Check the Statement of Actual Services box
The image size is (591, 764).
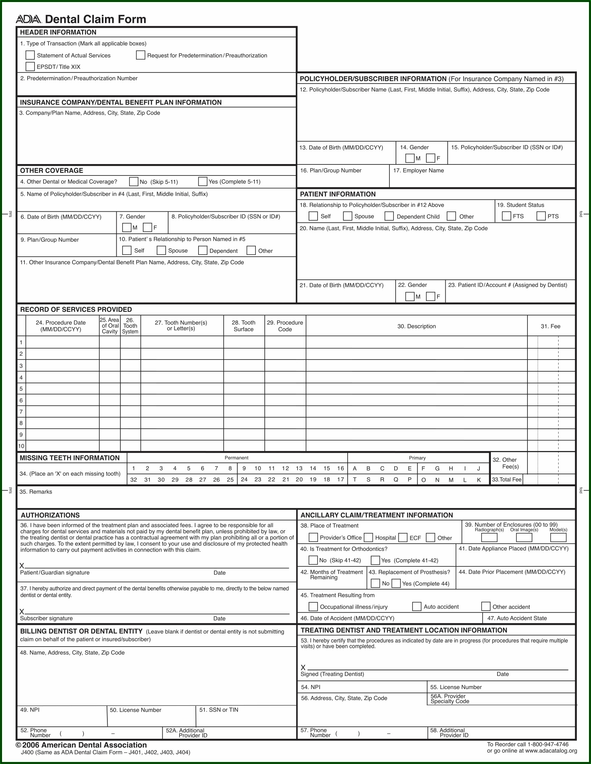[x=30, y=55]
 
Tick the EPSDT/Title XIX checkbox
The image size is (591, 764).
[x=30, y=66]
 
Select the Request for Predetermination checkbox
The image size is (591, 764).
[x=141, y=55]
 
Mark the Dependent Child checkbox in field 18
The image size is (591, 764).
[x=389, y=216]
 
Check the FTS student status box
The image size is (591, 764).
[x=506, y=216]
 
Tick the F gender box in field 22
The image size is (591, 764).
[x=431, y=297]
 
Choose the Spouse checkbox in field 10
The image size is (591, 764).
[x=161, y=250]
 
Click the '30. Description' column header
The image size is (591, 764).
[x=417, y=326]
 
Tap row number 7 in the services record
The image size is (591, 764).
[x=21, y=412]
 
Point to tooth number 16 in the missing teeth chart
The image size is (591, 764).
[x=340, y=468]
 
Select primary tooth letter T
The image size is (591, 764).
[x=355, y=480]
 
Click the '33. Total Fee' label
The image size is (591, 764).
[x=507, y=480]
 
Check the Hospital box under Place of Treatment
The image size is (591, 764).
[x=368, y=538]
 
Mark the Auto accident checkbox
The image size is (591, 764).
[x=417, y=607]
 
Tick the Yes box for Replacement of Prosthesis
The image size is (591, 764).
[x=396, y=583]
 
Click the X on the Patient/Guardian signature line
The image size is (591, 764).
[x=22, y=566]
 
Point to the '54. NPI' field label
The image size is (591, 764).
[x=311, y=687]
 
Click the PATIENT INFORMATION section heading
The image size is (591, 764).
[x=338, y=194]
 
